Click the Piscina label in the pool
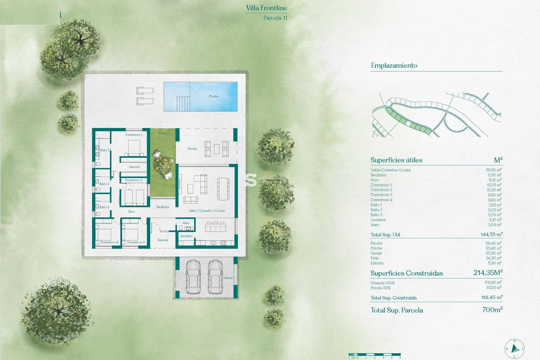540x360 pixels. point(213,96)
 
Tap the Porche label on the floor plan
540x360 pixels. point(192,148)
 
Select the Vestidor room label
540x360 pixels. point(134,167)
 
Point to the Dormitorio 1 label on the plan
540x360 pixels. point(134,135)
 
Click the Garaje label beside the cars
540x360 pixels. point(228,278)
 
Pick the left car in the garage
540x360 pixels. point(193,277)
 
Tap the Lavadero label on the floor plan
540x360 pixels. point(186,236)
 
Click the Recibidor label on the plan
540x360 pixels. point(163,207)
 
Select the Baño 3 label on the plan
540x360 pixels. point(104,207)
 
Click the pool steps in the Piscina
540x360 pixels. point(183,103)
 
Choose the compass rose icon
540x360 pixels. point(514,349)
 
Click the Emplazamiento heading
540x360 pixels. point(394,66)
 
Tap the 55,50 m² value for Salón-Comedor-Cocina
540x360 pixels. point(494,170)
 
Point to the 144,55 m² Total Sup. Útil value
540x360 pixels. point(491,234)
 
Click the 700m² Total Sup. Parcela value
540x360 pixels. point(492,310)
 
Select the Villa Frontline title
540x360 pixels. point(266,8)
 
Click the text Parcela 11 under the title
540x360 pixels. point(275,18)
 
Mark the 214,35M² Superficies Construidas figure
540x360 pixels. point(488,273)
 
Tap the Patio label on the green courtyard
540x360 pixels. point(162,133)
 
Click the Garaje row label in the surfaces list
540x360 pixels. point(376,253)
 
